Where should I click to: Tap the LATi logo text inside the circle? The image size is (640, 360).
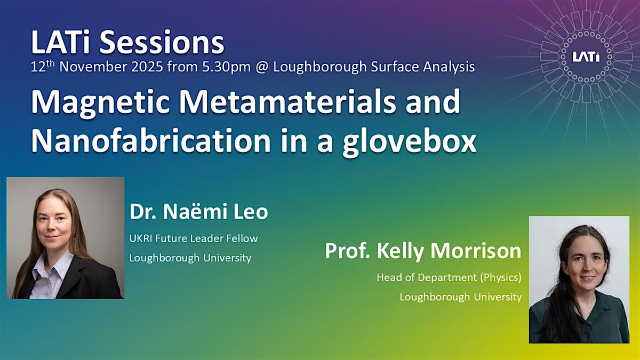(x=586, y=57)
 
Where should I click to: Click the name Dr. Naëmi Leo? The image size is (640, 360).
(x=198, y=212)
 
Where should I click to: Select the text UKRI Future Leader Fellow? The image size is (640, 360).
(x=194, y=238)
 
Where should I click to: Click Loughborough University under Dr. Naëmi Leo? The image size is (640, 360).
(x=190, y=258)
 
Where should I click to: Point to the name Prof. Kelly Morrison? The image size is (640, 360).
(x=423, y=251)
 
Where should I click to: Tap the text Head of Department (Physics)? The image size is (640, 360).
(x=449, y=277)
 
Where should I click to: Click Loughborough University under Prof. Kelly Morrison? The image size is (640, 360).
(x=461, y=297)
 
